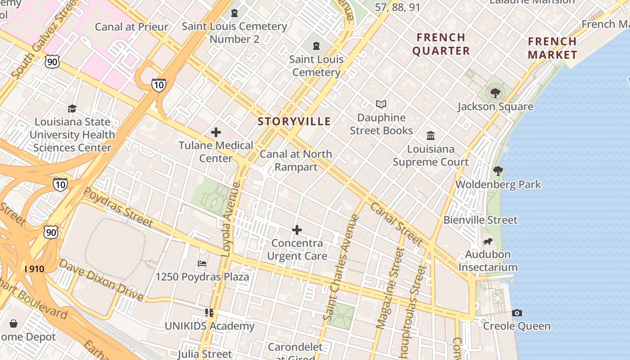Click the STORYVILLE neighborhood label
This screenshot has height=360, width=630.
294,121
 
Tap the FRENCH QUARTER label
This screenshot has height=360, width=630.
441,44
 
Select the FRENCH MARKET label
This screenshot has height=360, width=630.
552,48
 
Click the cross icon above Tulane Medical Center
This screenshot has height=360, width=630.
216,132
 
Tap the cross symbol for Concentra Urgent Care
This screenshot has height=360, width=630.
297,230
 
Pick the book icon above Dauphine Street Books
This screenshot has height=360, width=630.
381,104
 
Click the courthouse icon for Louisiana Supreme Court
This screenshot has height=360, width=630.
431,135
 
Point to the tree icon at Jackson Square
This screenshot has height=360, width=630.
495,93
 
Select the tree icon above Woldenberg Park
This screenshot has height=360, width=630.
498,171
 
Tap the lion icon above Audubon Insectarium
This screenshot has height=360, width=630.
487,241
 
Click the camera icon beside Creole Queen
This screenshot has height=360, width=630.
517,313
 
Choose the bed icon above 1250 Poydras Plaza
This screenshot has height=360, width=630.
202,263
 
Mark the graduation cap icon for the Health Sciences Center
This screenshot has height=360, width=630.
72,108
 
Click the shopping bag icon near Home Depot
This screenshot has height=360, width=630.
13,324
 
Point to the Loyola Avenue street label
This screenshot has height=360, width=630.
230,219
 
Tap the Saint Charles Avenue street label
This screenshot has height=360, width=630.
341,268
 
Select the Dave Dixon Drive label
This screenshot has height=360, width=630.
101,280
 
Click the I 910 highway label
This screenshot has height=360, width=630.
35,269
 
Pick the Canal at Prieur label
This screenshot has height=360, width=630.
131,27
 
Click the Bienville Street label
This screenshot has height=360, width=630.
481,220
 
